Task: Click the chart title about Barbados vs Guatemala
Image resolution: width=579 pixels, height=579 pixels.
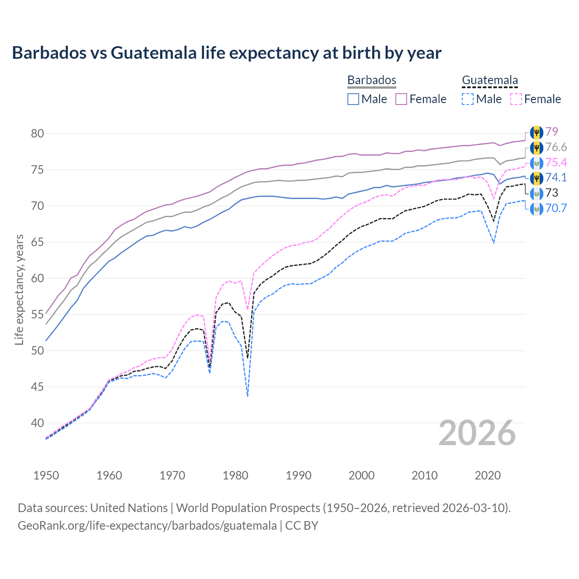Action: [227, 53]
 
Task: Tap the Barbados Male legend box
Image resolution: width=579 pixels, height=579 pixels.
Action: [353, 99]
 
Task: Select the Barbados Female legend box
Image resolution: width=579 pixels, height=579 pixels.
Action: [402, 99]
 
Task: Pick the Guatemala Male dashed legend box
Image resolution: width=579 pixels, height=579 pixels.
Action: [468, 99]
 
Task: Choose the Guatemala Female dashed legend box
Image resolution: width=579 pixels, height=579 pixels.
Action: [516, 99]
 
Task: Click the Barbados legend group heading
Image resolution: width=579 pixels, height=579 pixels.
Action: [372, 80]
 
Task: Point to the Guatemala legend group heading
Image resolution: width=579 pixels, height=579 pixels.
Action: [490, 80]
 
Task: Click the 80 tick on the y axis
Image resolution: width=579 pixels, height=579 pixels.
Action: [38, 133]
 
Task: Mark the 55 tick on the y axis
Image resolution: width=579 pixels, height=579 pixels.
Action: [38, 314]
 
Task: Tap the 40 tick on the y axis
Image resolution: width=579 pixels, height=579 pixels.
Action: [38, 423]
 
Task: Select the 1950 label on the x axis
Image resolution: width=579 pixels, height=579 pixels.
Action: [46, 475]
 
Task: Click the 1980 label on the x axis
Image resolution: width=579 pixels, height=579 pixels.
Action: [235, 475]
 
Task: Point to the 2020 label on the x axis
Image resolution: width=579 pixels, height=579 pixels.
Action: [488, 475]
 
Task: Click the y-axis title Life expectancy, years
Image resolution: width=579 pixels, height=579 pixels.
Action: [19, 289]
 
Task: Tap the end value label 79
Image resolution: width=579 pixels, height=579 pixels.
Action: [551, 132]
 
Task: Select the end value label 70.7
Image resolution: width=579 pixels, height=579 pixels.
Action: [556, 209]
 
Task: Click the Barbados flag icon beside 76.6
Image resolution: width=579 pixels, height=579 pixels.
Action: [536, 147]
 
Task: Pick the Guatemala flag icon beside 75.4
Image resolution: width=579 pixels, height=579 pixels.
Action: [536, 163]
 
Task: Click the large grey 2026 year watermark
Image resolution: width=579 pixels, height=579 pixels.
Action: [477, 433]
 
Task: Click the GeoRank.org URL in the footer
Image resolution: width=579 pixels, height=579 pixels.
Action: [147, 526]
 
